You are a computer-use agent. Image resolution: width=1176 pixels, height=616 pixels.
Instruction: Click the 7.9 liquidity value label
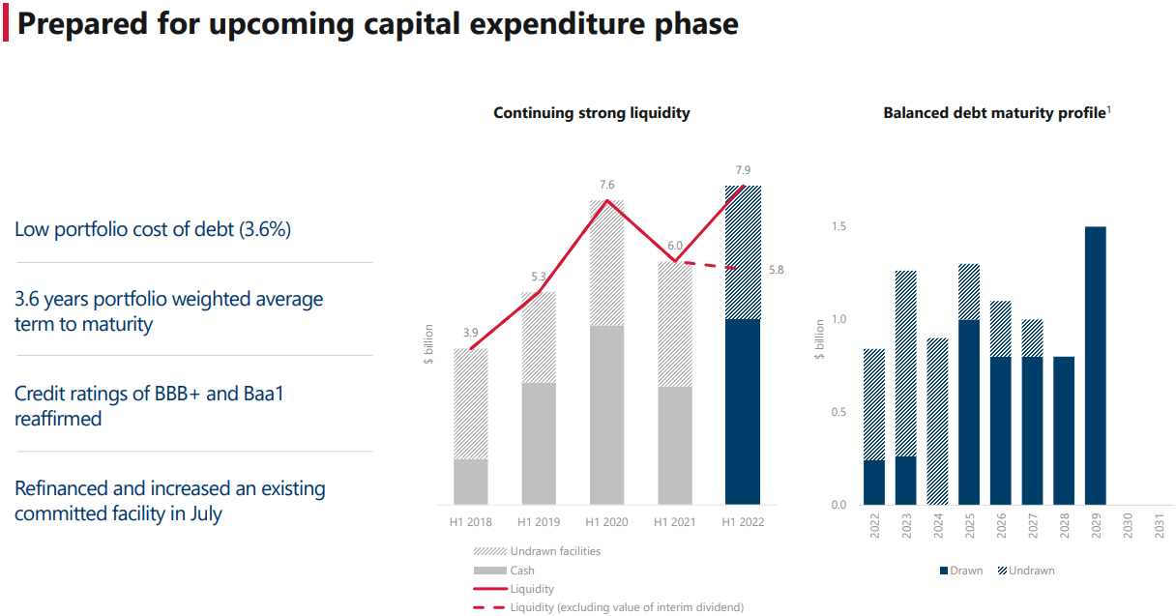coord(744,171)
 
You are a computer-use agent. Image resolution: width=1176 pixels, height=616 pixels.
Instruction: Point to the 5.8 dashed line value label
coord(776,270)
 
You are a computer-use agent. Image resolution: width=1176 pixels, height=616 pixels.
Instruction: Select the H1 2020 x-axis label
coord(606,522)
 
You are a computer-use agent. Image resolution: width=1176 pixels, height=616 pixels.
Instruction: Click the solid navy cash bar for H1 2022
coord(743,411)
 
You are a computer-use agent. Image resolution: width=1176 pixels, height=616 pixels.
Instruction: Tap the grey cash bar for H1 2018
coord(471,481)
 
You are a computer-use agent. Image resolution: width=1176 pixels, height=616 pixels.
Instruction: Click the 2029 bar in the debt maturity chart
coord(1095,366)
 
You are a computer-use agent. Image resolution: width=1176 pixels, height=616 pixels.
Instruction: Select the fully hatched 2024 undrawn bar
coord(937,421)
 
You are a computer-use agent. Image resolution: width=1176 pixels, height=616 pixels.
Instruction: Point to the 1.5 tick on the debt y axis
coord(838,227)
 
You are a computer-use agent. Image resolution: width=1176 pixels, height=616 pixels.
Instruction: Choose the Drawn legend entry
coord(960,571)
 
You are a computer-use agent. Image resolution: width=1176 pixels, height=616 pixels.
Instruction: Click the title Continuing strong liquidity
coord(591,113)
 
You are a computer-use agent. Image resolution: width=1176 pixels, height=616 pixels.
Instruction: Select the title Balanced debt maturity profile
coord(994,113)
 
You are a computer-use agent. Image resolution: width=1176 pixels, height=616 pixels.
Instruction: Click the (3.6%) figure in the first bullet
coord(257,229)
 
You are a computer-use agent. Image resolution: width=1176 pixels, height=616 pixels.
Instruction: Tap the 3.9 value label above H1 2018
coord(471,333)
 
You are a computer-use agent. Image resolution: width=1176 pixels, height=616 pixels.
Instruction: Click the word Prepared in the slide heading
coord(80,23)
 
